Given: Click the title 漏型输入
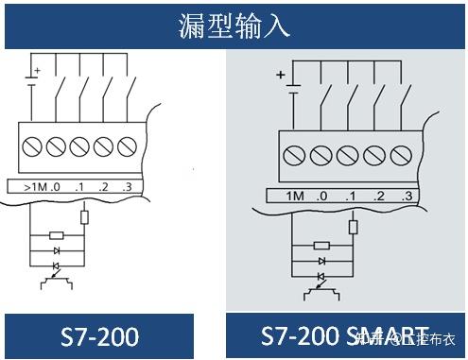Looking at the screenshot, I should (234, 25).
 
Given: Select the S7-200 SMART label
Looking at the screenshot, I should (344, 337).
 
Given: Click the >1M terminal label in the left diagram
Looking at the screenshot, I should (34, 186).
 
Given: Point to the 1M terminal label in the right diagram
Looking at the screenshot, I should (296, 197).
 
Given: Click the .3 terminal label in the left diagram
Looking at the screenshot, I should (126, 186).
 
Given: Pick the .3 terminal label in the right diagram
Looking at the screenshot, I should (407, 197).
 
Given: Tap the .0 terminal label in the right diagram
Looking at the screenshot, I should (323, 197).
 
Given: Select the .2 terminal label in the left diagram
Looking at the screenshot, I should (104, 186).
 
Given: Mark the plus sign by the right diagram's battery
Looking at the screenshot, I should (280, 75).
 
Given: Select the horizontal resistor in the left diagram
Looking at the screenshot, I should (56, 234).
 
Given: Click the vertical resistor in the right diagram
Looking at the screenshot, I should (353, 226).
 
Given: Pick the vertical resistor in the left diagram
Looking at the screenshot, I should (84, 216).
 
